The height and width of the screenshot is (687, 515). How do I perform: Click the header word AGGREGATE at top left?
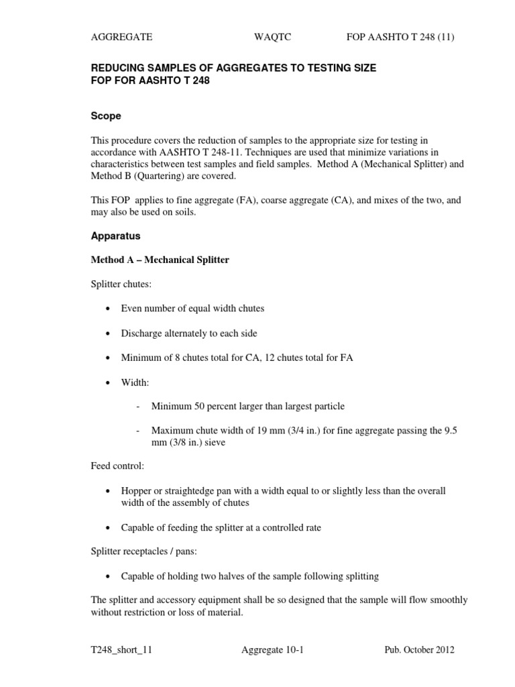(x=121, y=38)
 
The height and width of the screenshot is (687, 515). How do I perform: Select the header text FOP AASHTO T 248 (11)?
(x=400, y=38)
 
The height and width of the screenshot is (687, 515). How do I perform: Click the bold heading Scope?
(x=106, y=116)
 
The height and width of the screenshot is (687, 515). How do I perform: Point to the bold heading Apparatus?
(x=115, y=237)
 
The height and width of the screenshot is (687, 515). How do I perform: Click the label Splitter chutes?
(x=121, y=284)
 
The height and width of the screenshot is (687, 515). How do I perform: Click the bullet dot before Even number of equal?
(x=107, y=309)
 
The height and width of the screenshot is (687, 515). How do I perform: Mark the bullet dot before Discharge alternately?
(x=107, y=333)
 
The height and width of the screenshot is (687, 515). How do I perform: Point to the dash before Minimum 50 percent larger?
(x=138, y=407)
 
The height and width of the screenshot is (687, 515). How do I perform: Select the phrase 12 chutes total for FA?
(x=309, y=358)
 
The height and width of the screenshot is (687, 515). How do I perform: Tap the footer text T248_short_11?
(x=126, y=650)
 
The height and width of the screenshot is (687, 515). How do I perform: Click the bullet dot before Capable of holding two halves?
(x=107, y=576)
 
